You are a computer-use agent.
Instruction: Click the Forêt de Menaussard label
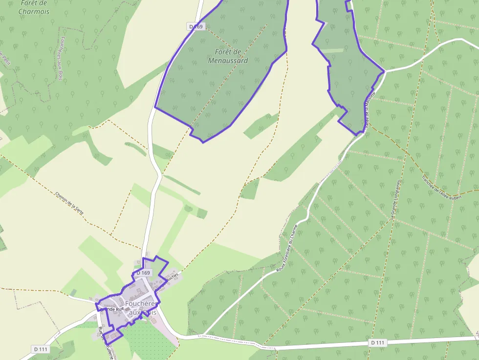[x=228, y=56]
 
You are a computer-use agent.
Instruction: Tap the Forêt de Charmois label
[x=34, y=7]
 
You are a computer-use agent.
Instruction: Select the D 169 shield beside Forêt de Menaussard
[x=196, y=26]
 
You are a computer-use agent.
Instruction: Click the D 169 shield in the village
[x=143, y=273]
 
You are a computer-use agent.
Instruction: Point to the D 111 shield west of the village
[x=41, y=349]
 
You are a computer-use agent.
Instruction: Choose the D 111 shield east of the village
[x=377, y=342]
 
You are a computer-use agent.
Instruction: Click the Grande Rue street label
[x=111, y=309]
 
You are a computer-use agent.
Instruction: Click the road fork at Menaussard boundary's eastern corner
[x=385, y=71]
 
